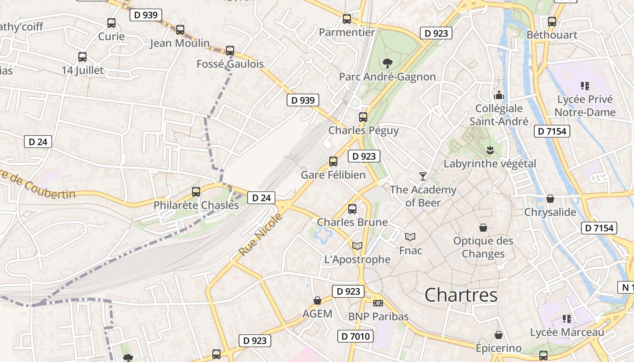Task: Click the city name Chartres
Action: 461,295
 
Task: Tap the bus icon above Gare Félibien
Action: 333,162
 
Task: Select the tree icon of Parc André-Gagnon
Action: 387,63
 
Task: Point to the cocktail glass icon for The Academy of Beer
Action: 423,176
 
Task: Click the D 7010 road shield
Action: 355,336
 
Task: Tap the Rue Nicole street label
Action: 261,234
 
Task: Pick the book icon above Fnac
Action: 410,237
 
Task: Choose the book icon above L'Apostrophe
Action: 357,246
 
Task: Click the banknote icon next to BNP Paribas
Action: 378,303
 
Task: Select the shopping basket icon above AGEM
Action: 317,301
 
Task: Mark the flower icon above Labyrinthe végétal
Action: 490,150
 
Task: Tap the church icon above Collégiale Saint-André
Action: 499,95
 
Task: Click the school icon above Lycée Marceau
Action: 567,319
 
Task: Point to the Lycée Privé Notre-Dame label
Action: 585,106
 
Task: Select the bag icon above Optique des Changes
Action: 483,228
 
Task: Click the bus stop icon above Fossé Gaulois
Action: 230,51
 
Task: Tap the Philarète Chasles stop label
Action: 196,205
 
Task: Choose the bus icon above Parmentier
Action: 347,19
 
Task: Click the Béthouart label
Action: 552,35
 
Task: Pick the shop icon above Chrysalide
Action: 550,199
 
